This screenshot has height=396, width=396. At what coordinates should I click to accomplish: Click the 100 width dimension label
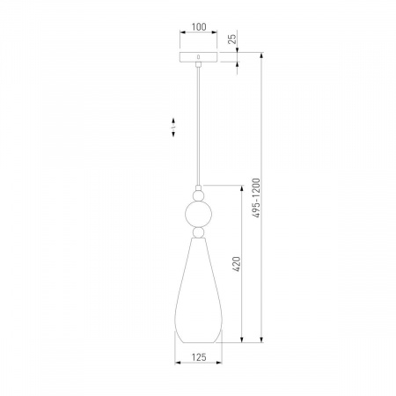[199, 27]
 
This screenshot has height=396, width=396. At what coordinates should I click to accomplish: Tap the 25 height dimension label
[232, 39]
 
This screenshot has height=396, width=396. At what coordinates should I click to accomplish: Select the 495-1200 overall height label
[256, 198]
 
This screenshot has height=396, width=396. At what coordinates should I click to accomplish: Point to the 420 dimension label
[237, 264]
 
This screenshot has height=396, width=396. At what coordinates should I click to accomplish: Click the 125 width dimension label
[199, 357]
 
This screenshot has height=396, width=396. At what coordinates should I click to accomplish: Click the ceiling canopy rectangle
[199, 57]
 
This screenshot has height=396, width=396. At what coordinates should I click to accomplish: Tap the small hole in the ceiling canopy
[199, 56]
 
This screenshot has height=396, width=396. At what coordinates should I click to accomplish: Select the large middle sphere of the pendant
[198, 214]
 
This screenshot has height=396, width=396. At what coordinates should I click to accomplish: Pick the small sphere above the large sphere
[199, 195]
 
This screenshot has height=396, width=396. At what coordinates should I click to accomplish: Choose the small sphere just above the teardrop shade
[199, 232]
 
